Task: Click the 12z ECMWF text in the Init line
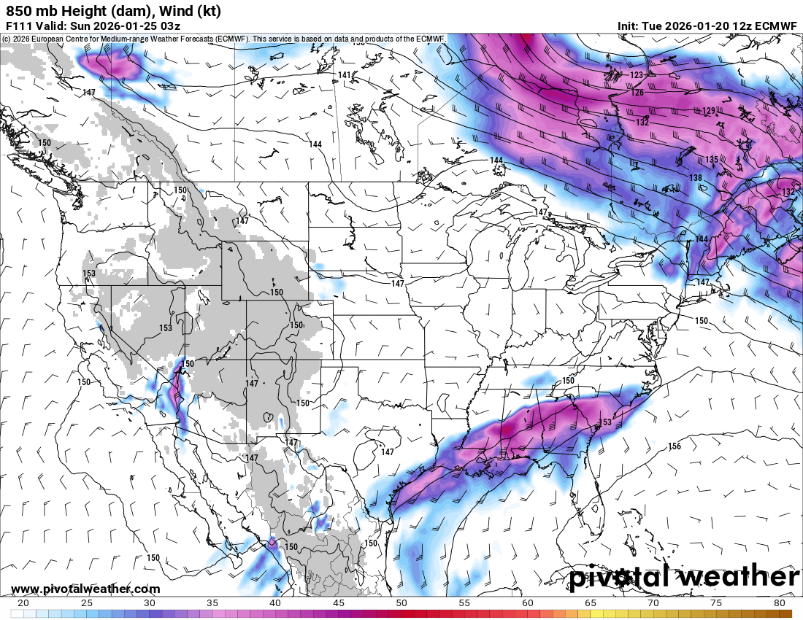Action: (x=756, y=26)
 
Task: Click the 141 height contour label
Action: (x=345, y=75)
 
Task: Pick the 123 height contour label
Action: (x=637, y=75)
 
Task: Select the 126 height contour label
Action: (x=637, y=93)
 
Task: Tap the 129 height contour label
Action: (x=709, y=111)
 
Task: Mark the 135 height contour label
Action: (x=712, y=159)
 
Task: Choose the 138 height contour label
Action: (x=696, y=178)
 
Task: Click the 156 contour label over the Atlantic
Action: (x=674, y=446)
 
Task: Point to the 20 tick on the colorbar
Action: (x=23, y=603)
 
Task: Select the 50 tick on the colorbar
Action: (x=401, y=603)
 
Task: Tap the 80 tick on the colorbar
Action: (x=780, y=603)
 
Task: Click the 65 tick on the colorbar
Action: (x=591, y=603)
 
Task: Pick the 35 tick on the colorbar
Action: (x=212, y=603)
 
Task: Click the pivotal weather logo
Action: (x=685, y=577)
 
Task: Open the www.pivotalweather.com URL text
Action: (x=85, y=589)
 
